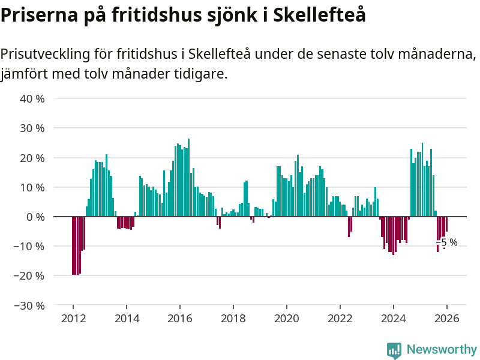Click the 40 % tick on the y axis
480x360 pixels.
coord(32,98)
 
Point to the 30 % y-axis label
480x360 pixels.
coord(32,128)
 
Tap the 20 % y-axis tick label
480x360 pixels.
coord(32,158)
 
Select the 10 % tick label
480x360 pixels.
coord(32,187)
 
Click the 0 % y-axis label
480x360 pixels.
coord(35,217)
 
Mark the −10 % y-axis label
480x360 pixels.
coord(29,246)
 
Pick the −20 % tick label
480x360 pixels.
coord(29,275)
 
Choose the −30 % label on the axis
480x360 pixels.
coord(29,305)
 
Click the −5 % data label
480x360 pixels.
coord(449,242)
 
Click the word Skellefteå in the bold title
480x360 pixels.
coord(319,15)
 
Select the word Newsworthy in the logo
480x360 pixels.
coord(442,349)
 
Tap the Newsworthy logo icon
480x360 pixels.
coord(394,350)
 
